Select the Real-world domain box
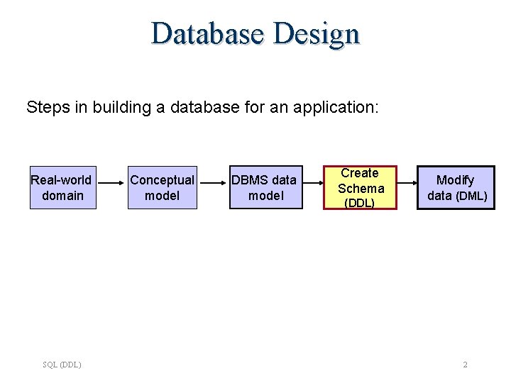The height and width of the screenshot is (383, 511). (61, 188)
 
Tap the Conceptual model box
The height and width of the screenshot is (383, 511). (162, 188)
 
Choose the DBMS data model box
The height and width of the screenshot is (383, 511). (264, 188)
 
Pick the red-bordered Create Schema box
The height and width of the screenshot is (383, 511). (361, 188)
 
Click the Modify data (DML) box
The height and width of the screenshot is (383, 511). (457, 188)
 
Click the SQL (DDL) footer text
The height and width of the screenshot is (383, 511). (62, 365)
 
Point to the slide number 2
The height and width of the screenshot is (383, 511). (465, 365)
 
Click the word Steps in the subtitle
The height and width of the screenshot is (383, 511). (44, 108)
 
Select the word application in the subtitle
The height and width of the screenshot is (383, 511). (340, 109)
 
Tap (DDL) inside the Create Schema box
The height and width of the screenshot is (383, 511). (359, 204)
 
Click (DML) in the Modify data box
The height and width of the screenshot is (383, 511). (471, 196)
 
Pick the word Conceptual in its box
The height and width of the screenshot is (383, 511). (162, 180)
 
